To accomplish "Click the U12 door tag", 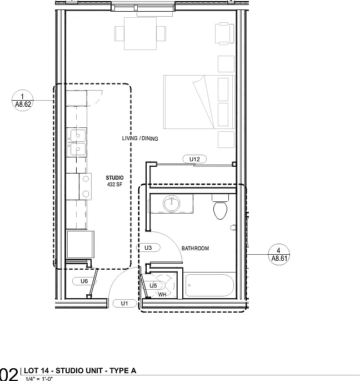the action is tap(194, 159).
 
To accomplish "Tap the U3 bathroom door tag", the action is tap(148, 248).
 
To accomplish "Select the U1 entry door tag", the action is tap(124, 303).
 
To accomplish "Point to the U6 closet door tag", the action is tap(84, 281).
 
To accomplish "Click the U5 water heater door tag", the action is tap(153, 285).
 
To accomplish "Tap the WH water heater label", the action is tap(162, 294).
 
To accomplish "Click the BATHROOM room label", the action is tap(195, 248).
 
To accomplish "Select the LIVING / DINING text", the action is tap(140, 138).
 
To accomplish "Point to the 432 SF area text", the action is tap(114, 185).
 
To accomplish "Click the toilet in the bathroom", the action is tap(220, 207).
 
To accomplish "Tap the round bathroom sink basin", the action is tap(172, 203).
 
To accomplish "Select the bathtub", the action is tap(209, 285).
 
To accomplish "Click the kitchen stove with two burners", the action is tap(79, 187).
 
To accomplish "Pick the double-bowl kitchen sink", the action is tap(77, 142).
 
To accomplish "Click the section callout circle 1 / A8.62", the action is tap(23, 100).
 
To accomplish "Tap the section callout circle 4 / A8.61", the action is tap(279, 254).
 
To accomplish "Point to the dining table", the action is tap(141, 33).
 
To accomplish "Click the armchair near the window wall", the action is tap(225, 33).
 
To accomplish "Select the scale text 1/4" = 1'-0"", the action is tap(39, 379).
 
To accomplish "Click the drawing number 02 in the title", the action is tap(9, 374).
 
